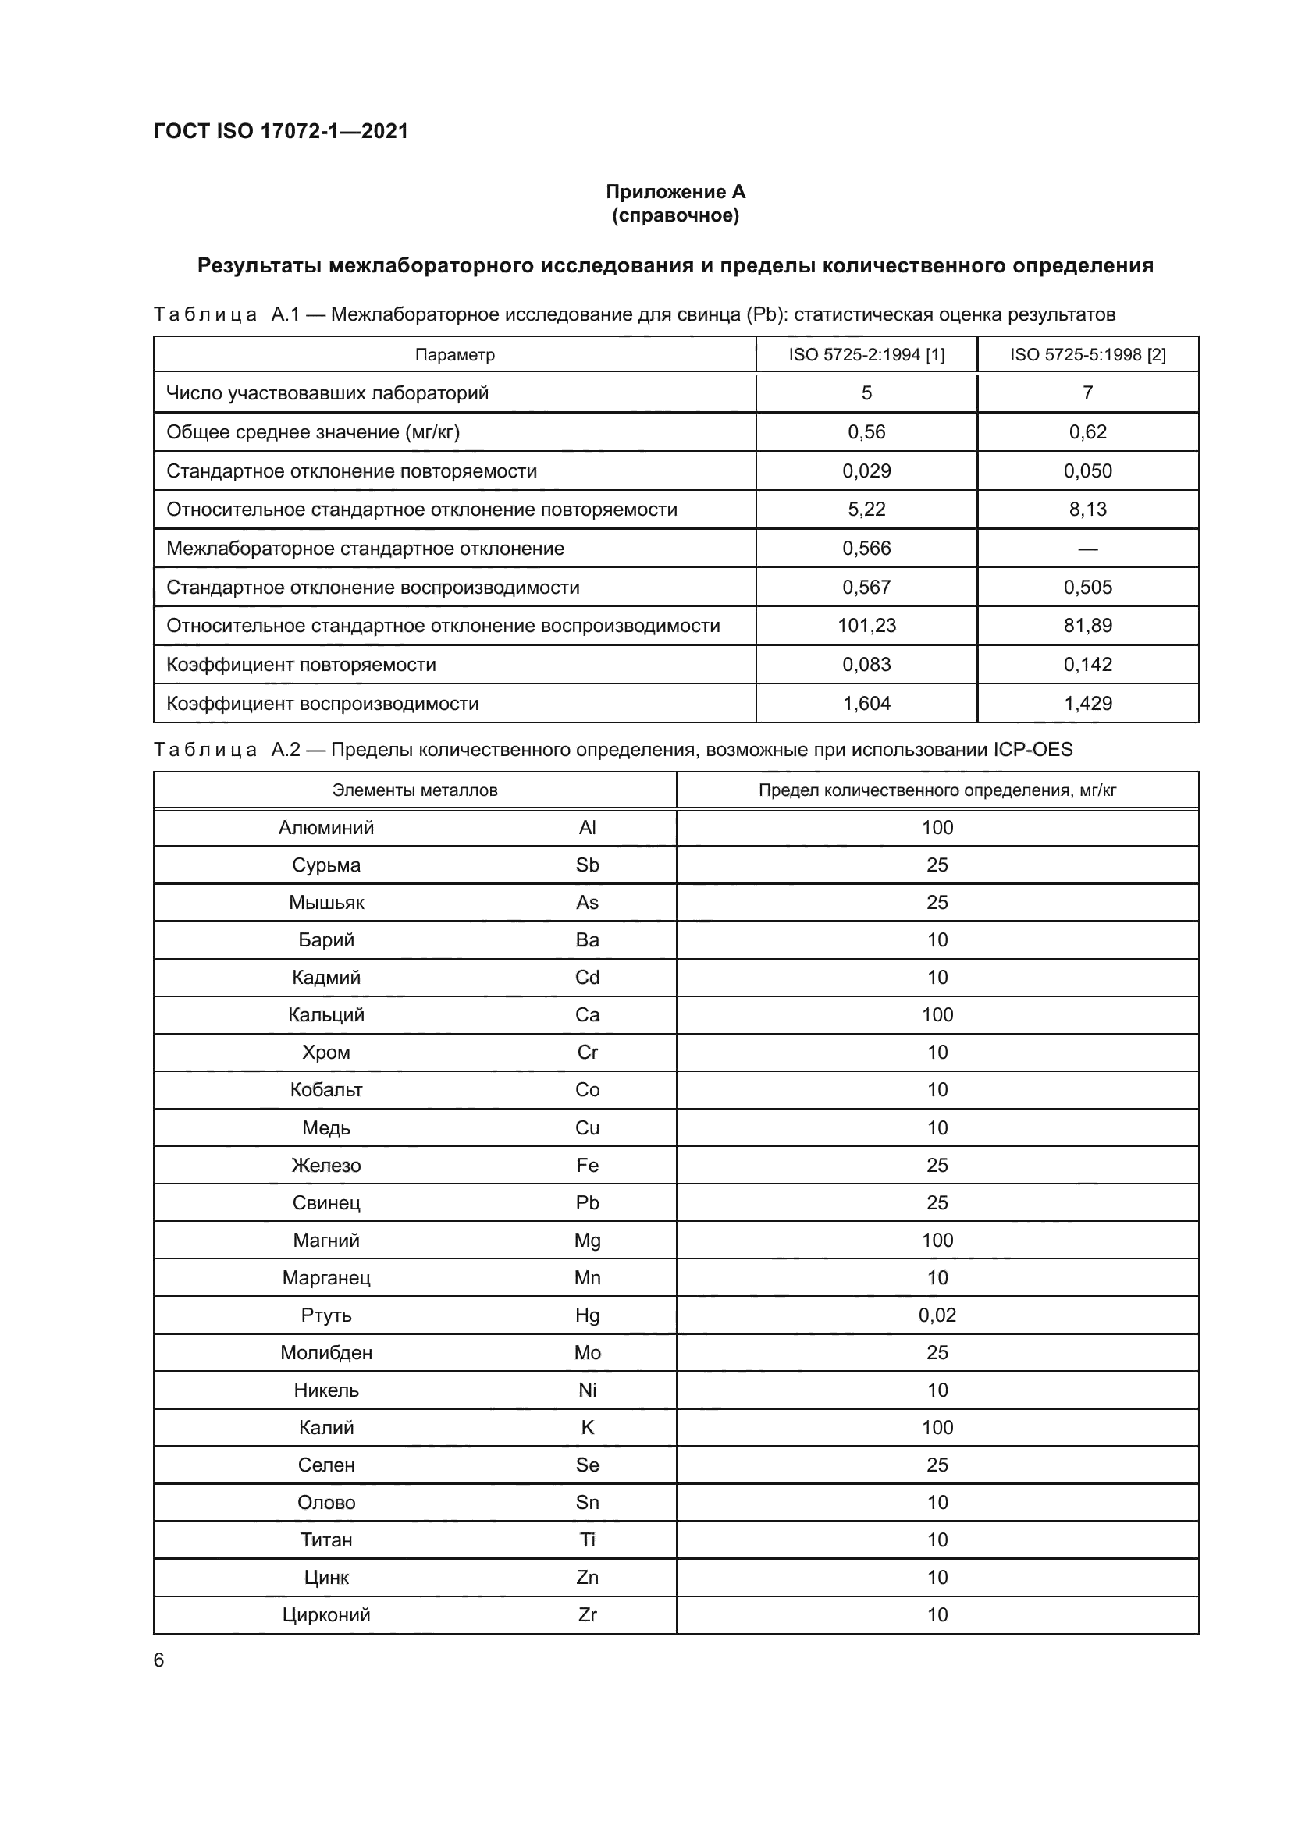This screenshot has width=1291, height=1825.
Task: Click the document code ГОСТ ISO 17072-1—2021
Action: tap(281, 131)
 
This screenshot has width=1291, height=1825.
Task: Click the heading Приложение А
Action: tap(675, 192)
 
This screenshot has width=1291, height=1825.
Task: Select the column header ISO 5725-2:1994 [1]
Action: tap(866, 354)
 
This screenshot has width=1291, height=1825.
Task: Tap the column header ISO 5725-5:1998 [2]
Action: tap(1087, 354)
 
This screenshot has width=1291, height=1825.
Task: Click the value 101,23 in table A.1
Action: tap(866, 626)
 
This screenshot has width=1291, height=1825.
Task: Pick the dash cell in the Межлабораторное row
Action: tap(1087, 549)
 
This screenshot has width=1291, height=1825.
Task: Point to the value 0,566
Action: tap(866, 549)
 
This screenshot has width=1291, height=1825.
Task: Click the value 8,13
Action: tap(1087, 510)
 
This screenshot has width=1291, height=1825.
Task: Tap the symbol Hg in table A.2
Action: tap(587, 1315)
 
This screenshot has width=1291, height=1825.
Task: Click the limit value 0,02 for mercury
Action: tap(937, 1315)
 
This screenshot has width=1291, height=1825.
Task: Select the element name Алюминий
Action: tap(326, 827)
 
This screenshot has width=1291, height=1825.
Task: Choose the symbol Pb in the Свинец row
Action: tap(587, 1202)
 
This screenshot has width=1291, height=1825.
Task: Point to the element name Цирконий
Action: tap(326, 1614)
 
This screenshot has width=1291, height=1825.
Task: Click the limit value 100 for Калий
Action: tap(937, 1427)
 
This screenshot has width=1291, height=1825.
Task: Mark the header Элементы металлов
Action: tap(414, 790)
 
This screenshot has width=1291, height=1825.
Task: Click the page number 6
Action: tap(159, 1660)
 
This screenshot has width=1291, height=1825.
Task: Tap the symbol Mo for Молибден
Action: tap(587, 1352)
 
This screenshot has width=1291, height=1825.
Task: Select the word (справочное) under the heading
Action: tap(675, 216)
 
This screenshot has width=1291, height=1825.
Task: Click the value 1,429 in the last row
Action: tap(1087, 704)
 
